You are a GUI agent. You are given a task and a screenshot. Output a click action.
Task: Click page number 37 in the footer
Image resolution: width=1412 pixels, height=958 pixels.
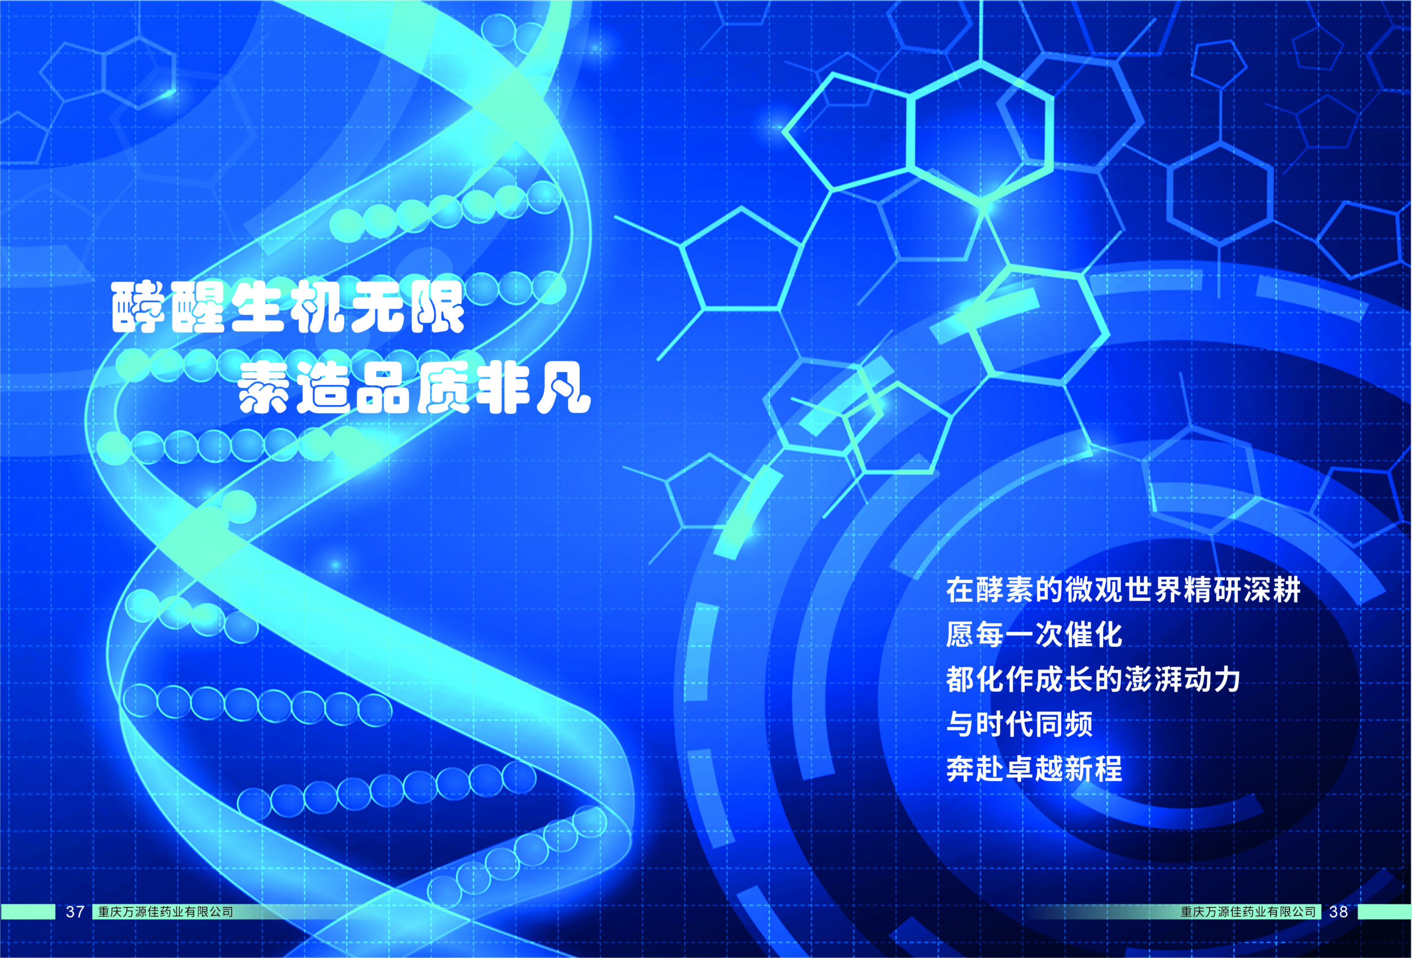[x=74, y=912]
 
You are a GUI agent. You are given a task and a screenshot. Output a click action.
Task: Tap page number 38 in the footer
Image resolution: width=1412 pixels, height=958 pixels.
[x=1339, y=912]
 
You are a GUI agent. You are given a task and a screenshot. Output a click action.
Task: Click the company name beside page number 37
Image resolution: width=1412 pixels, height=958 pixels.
[x=165, y=912]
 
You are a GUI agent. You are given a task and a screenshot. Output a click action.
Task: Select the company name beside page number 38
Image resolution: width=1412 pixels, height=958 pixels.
[x=1248, y=912]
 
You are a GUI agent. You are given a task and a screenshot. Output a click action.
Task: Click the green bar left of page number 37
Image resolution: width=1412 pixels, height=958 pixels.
[x=28, y=912]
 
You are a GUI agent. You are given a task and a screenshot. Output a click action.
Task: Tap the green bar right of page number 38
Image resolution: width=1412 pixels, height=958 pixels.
[x=1384, y=912]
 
